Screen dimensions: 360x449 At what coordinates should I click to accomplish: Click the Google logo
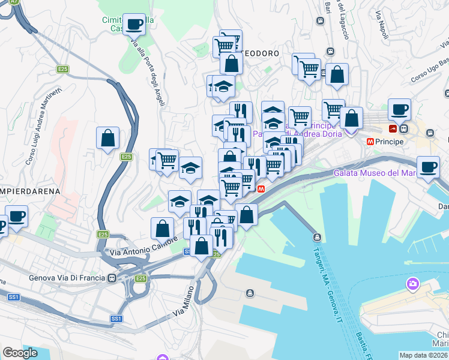click(x=20, y=352)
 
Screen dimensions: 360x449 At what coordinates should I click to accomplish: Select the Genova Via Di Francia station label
click(x=67, y=278)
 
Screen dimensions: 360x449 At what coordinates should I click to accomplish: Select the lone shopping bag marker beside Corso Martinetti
click(x=107, y=139)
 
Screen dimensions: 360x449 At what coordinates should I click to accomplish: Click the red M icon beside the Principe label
click(x=371, y=142)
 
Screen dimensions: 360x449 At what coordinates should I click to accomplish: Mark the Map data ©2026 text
click(x=424, y=355)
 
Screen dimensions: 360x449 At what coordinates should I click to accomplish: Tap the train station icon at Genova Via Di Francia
click(x=112, y=278)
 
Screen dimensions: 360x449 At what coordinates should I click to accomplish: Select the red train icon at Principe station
click(x=393, y=128)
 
